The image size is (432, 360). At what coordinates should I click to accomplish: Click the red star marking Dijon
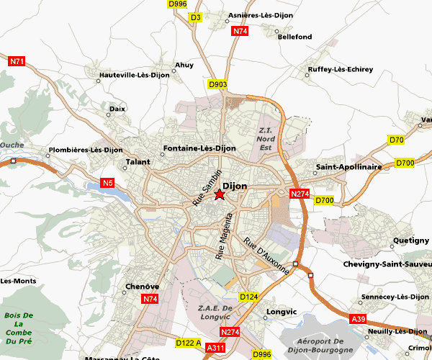220,194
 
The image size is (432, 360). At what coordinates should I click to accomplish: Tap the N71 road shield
17,62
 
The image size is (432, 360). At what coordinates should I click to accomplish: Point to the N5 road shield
109,182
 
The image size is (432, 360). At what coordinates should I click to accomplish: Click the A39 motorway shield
358,319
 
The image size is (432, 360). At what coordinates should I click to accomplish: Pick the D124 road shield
248,297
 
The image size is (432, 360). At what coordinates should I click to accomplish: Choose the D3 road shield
195,17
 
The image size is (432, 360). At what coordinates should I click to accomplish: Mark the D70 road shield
396,140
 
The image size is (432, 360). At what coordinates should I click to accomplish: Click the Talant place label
138,163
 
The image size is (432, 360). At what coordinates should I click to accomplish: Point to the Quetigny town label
410,242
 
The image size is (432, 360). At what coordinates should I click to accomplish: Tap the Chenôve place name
142,287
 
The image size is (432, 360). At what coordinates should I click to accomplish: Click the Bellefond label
294,37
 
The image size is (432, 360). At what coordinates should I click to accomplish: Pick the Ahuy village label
184,65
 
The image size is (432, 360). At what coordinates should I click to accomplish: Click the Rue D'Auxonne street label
266,256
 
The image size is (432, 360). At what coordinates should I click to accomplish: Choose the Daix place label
117,109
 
